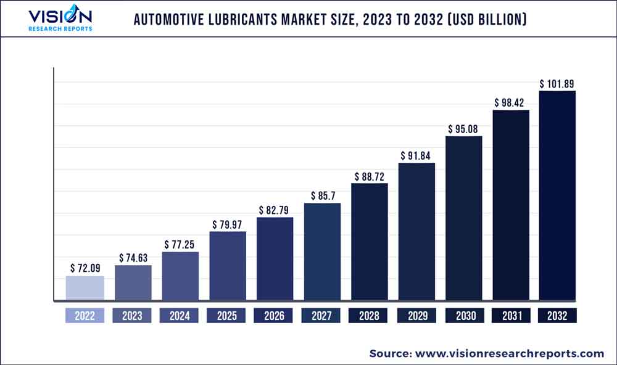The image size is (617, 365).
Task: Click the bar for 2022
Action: tap(85, 289)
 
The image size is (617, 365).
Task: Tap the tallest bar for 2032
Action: tap(557, 196)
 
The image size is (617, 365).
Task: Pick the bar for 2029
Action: tap(416, 232)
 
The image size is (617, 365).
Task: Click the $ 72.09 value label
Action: tap(85, 268)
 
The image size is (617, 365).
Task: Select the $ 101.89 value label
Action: tap(557, 83)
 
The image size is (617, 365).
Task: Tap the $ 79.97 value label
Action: tap(228, 224)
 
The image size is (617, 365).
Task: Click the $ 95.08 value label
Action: tap(463, 129)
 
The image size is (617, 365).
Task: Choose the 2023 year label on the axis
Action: tap(132, 316)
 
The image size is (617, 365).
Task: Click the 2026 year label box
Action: tap(275, 316)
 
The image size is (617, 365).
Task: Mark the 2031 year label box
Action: tap(510, 316)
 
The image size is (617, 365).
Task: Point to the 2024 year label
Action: tap(179, 316)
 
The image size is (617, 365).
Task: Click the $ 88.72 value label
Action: tap(369, 176)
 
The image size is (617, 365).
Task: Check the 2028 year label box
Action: tap(369, 316)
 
